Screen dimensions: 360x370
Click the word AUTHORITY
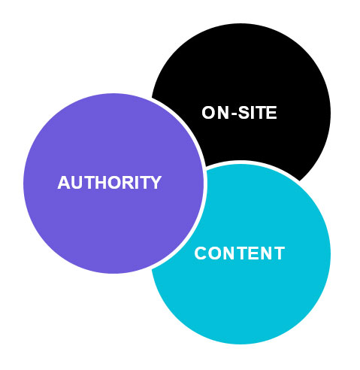[110, 183]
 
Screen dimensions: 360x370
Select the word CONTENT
[240, 253]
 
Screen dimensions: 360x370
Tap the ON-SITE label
[239, 113]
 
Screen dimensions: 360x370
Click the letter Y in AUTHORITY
[156, 183]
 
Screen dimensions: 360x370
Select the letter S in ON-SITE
[244, 113]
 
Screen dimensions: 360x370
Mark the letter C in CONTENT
[201, 253]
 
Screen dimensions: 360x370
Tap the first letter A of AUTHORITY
[64, 183]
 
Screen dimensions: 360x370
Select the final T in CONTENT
[279, 253]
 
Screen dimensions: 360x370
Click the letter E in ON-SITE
[271, 113]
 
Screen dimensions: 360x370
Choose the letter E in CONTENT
[253, 253]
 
